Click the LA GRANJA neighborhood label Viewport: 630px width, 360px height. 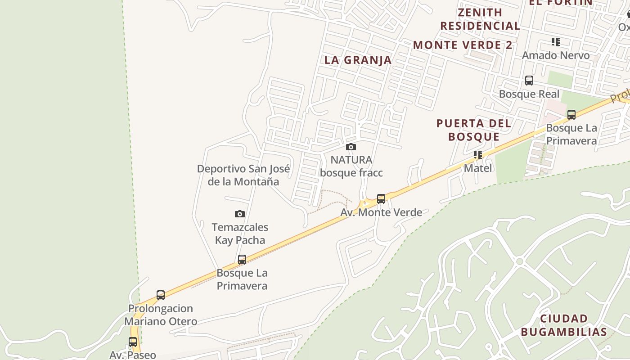(358, 60)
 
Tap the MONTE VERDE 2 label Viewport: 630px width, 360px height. (463, 45)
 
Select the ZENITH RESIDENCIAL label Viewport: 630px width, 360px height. (480, 19)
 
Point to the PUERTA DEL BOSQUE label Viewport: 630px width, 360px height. (474, 130)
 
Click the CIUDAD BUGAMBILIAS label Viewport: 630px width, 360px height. (564, 325)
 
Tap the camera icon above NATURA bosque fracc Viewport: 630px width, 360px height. (351, 147)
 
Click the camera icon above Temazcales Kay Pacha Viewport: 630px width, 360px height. (240, 214)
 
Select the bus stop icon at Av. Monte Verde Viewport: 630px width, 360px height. (381, 198)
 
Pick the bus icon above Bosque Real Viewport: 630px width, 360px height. (529, 81)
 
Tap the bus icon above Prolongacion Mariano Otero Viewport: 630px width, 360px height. (161, 295)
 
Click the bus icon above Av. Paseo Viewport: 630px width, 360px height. (133, 342)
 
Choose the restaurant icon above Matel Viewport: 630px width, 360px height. (477, 155)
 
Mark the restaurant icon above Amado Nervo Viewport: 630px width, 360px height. (556, 42)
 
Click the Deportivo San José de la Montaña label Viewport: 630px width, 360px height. (243, 175)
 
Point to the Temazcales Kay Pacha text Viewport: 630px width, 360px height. (240, 234)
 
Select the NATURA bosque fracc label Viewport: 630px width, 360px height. (351, 166)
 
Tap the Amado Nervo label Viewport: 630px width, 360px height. (556, 55)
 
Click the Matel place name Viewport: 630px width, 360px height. (478, 168)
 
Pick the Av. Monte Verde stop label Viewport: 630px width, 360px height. (381, 212)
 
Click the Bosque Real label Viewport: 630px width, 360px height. (529, 94)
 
